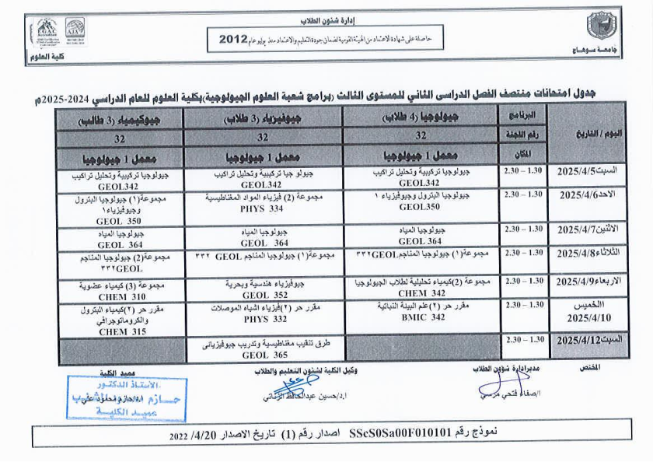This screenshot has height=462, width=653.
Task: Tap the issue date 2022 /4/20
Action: coord(196,436)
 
